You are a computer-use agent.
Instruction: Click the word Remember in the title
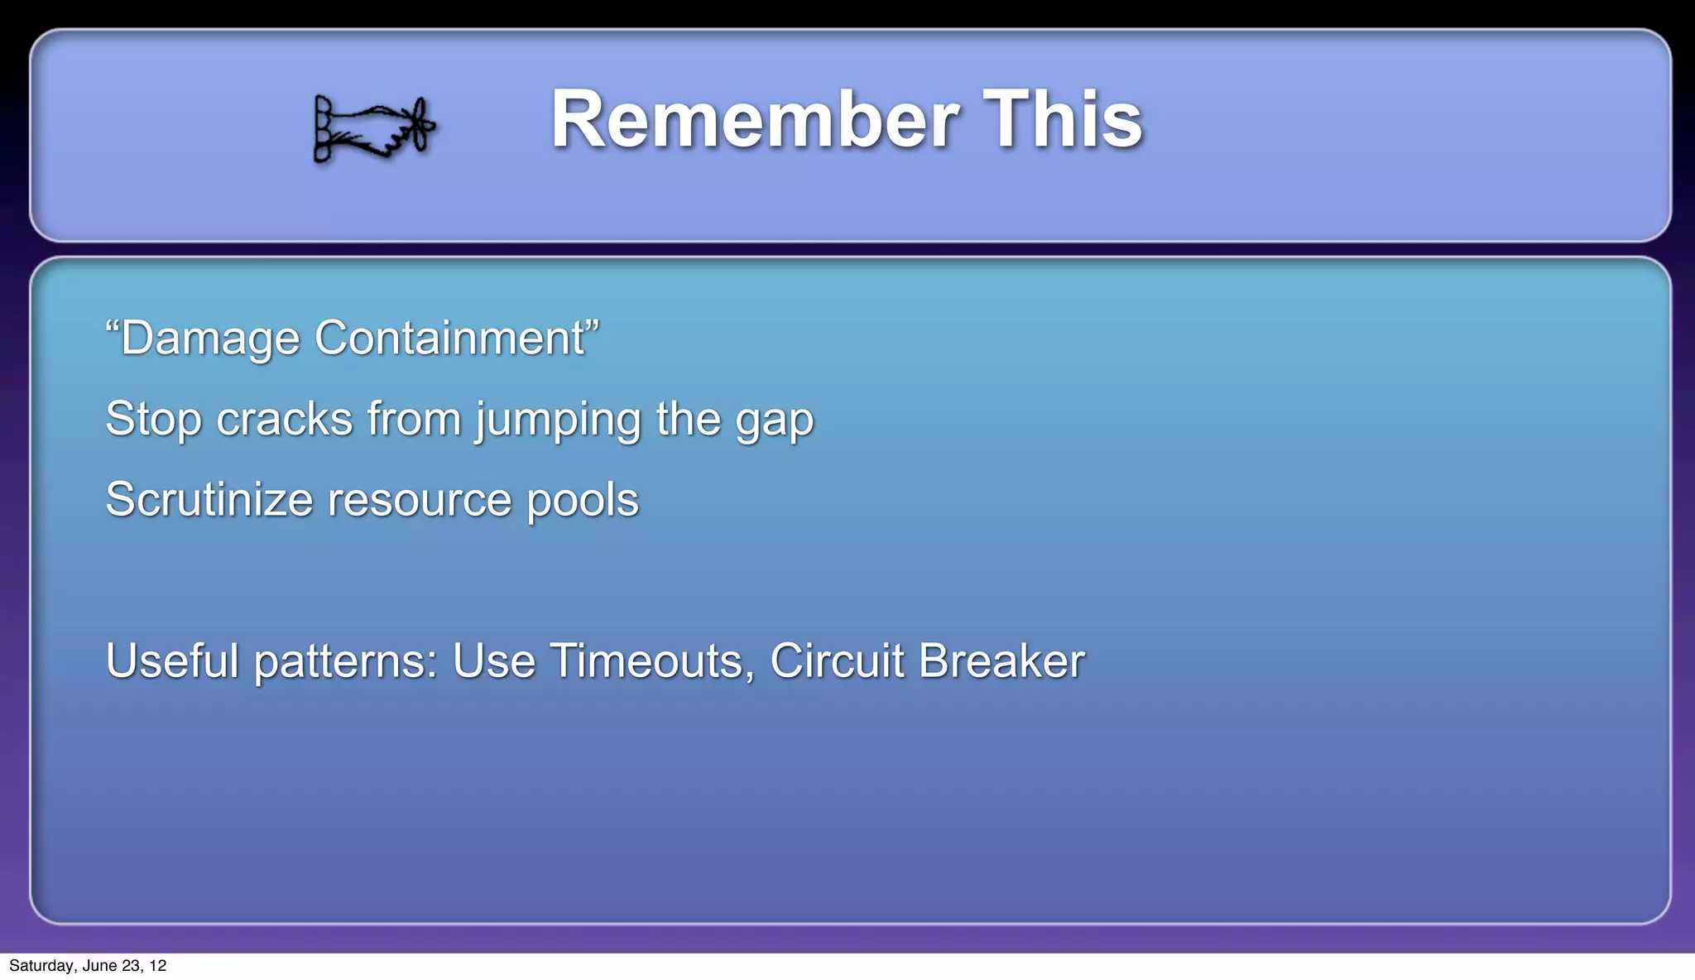[754, 120]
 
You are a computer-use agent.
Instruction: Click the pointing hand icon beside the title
[373, 128]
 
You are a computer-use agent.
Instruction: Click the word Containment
[450, 339]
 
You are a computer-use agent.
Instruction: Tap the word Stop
[154, 420]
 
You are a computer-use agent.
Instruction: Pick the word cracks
[285, 420]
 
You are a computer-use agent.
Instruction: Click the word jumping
[558, 420]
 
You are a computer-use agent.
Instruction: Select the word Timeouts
[651, 661]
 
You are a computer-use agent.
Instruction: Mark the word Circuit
[837, 661]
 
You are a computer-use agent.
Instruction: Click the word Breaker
[1001, 661]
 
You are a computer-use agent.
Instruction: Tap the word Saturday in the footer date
[41, 966]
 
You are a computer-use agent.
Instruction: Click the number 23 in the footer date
[130, 966]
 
